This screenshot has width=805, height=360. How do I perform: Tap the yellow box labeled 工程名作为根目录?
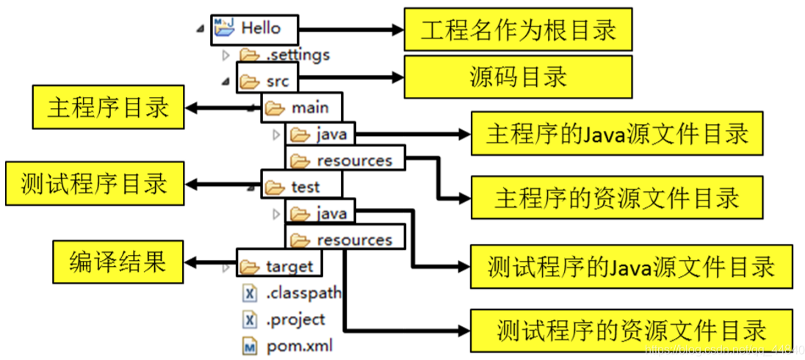pyautogui.click(x=518, y=30)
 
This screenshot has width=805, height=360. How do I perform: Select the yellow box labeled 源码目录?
pyautogui.click(x=518, y=76)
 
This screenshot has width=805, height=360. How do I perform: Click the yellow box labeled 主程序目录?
pyautogui.click(x=108, y=107)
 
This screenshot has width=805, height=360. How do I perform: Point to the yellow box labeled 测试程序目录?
pyautogui.click(x=94, y=184)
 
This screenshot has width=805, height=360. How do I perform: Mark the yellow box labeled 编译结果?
pyautogui.click(x=118, y=262)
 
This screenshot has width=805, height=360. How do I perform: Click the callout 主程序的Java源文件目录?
pyautogui.click(x=616, y=134)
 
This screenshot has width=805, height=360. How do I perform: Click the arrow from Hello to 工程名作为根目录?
pyautogui.click(x=352, y=30)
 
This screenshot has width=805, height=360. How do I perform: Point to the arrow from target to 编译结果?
pyautogui.click(x=209, y=262)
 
